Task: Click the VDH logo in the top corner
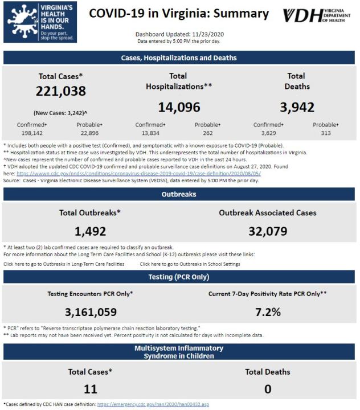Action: click(x=317, y=15)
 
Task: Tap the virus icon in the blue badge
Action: click(x=23, y=22)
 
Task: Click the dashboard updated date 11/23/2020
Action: click(x=208, y=34)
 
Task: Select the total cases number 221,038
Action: click(x=61, y=91)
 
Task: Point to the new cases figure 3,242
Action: click(x=75, y=113)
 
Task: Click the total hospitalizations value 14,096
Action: click(x=179, y=107)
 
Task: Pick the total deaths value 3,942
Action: click(x=297, y=107)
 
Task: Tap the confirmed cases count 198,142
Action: click(x=32, y=133)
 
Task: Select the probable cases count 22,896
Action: click(x=89, y=133)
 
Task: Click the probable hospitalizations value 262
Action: click(x=208, y=133)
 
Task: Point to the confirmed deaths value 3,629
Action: click(x=268, y=133)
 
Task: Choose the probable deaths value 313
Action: click(x=326, y=133)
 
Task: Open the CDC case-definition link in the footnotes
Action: click(x=138, y=173)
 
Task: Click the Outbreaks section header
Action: click(x=179, y=194)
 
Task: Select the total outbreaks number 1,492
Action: click(x=90, y=231)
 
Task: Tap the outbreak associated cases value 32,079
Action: click(x=268, y=231)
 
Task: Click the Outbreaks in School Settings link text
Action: click(x=190, y=264)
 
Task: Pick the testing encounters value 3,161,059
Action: click(x=91, y=312)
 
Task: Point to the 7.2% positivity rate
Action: click(x=268, y=312)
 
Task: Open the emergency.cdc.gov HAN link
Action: click(x=153, y=404)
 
